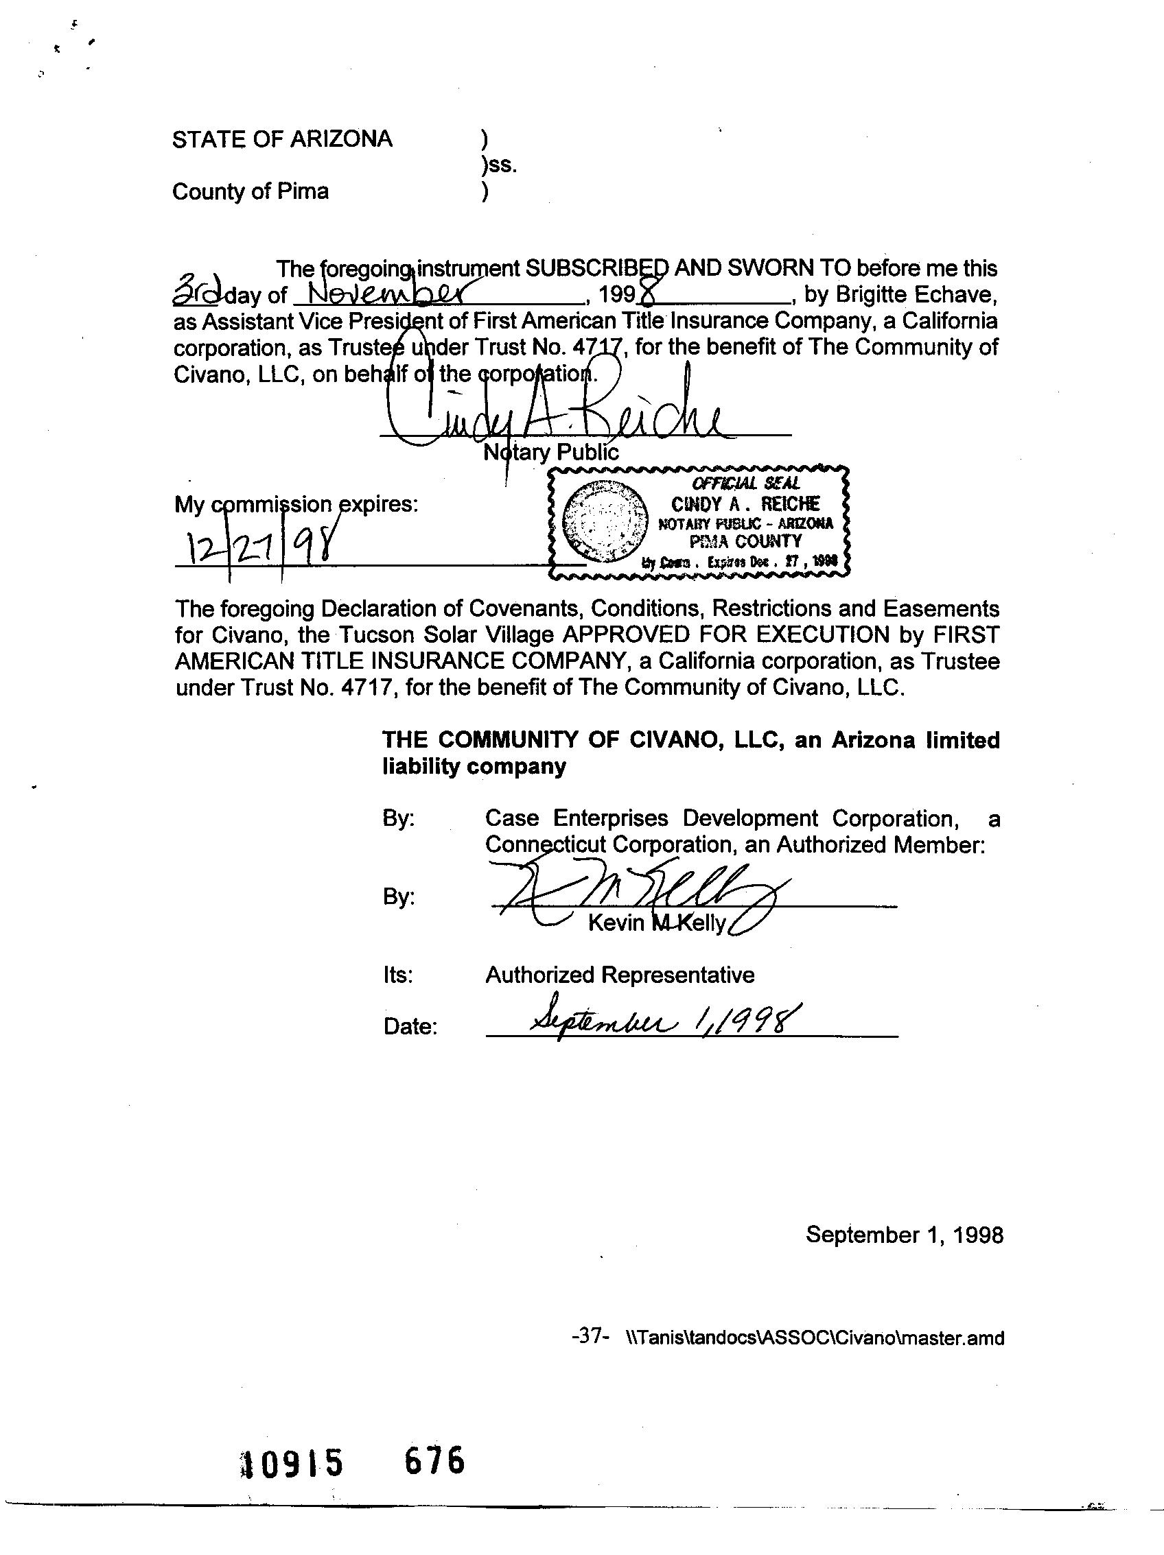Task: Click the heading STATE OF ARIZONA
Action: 282,139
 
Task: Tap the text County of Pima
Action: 251,191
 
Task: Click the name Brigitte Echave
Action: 916,294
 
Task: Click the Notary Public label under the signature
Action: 551,452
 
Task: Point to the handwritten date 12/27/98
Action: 257,545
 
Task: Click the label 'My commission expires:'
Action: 296,504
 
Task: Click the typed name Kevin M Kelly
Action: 656,923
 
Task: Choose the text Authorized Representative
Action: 620,975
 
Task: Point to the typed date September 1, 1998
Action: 905,1235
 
